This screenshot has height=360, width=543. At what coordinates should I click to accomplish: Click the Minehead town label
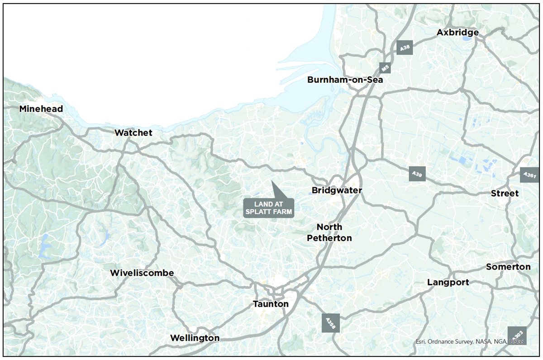(x=41, y=109)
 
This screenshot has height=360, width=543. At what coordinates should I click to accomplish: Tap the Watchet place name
(x=133, y=133)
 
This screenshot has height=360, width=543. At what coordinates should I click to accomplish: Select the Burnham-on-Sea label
(x=345, y=80)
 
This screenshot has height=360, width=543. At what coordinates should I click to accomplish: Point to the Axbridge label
(x=457, y=33)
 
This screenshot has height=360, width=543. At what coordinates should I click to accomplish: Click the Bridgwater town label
(x=337, y=190)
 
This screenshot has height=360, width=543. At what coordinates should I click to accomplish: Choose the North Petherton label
(x=329, y=232)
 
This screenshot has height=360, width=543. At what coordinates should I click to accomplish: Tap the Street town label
(x=505, y=194)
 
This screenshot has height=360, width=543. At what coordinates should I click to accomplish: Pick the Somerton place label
(x=508, y=267)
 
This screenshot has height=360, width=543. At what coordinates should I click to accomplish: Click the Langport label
(x=448, y=283)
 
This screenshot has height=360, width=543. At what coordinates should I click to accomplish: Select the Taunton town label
(x=271, y=304)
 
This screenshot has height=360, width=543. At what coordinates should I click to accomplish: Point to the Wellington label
(x=195, y=338)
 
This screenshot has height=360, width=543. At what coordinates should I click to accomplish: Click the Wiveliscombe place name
(x=142, y=273)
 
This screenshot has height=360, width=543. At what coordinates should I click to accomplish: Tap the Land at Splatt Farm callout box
(x=269, y=208)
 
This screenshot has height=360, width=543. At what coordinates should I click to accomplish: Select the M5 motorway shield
(x=385, y=68)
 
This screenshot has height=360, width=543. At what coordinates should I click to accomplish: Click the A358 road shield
(x=330, y=324)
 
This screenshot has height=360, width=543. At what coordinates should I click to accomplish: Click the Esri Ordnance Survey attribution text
(x=469, y=342)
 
